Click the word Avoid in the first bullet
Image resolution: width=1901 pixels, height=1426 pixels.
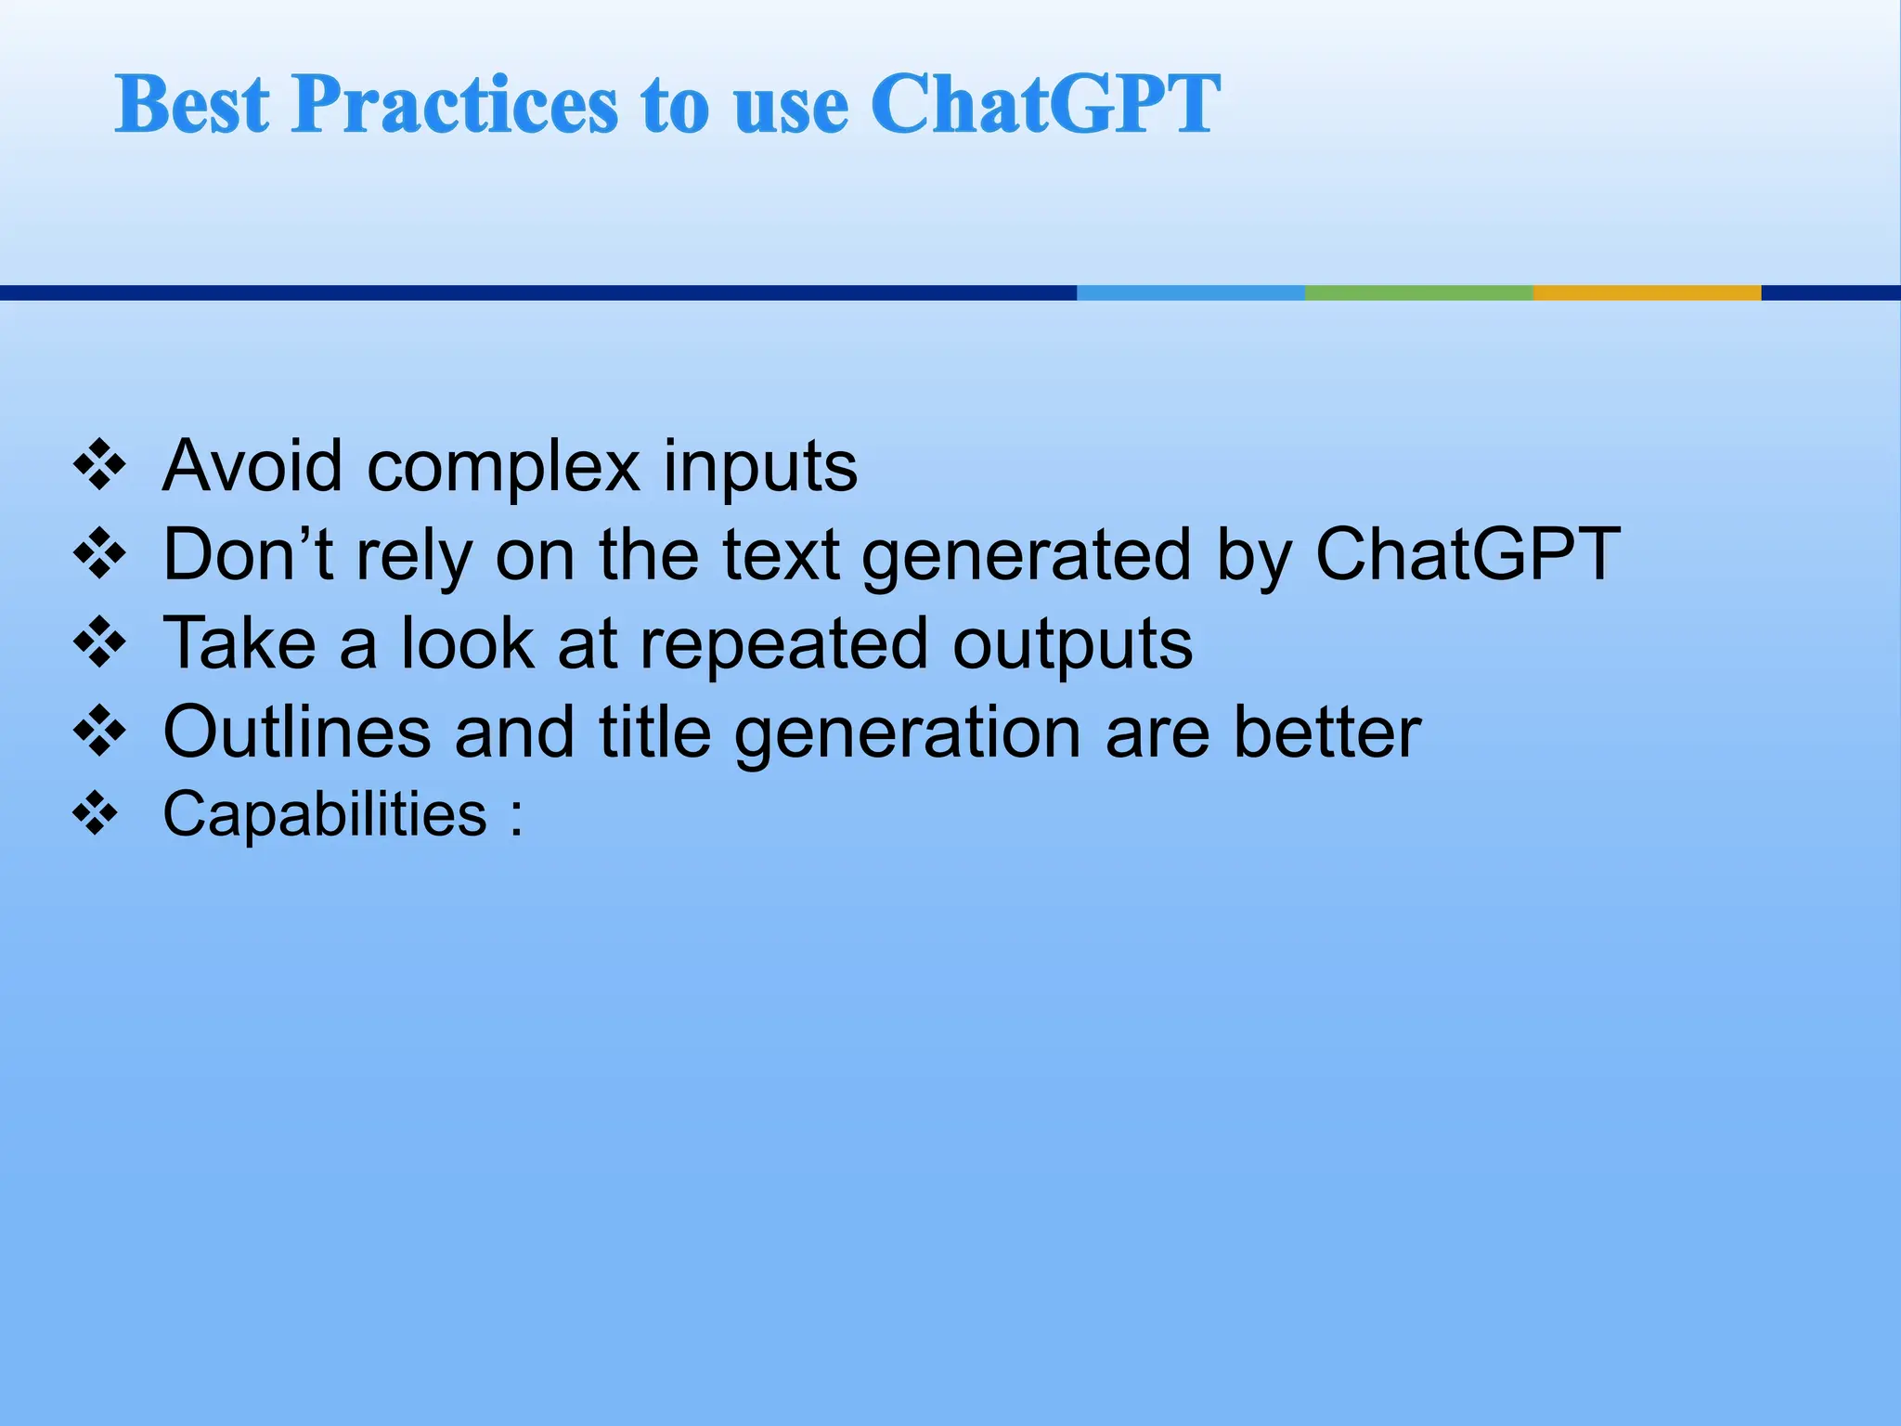click(252, 466)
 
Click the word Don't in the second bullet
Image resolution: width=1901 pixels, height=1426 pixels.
click(247, 554)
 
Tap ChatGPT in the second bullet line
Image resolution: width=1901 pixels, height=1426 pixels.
click(1468, 554)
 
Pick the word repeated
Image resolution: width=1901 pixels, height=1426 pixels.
click(783, 645)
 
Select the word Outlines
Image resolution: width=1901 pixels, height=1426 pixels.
click(297, 732)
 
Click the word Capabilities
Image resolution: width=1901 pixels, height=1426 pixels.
click(325, 815)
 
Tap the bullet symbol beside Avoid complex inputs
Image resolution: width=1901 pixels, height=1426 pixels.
click(99, 464)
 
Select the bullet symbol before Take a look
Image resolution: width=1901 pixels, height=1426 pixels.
click(99, 642)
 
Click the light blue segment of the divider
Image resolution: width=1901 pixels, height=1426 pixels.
click(1190, 292)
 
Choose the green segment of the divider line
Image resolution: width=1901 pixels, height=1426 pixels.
click(1418, 292)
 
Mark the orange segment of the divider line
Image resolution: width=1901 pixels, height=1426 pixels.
click(1647, 292)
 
